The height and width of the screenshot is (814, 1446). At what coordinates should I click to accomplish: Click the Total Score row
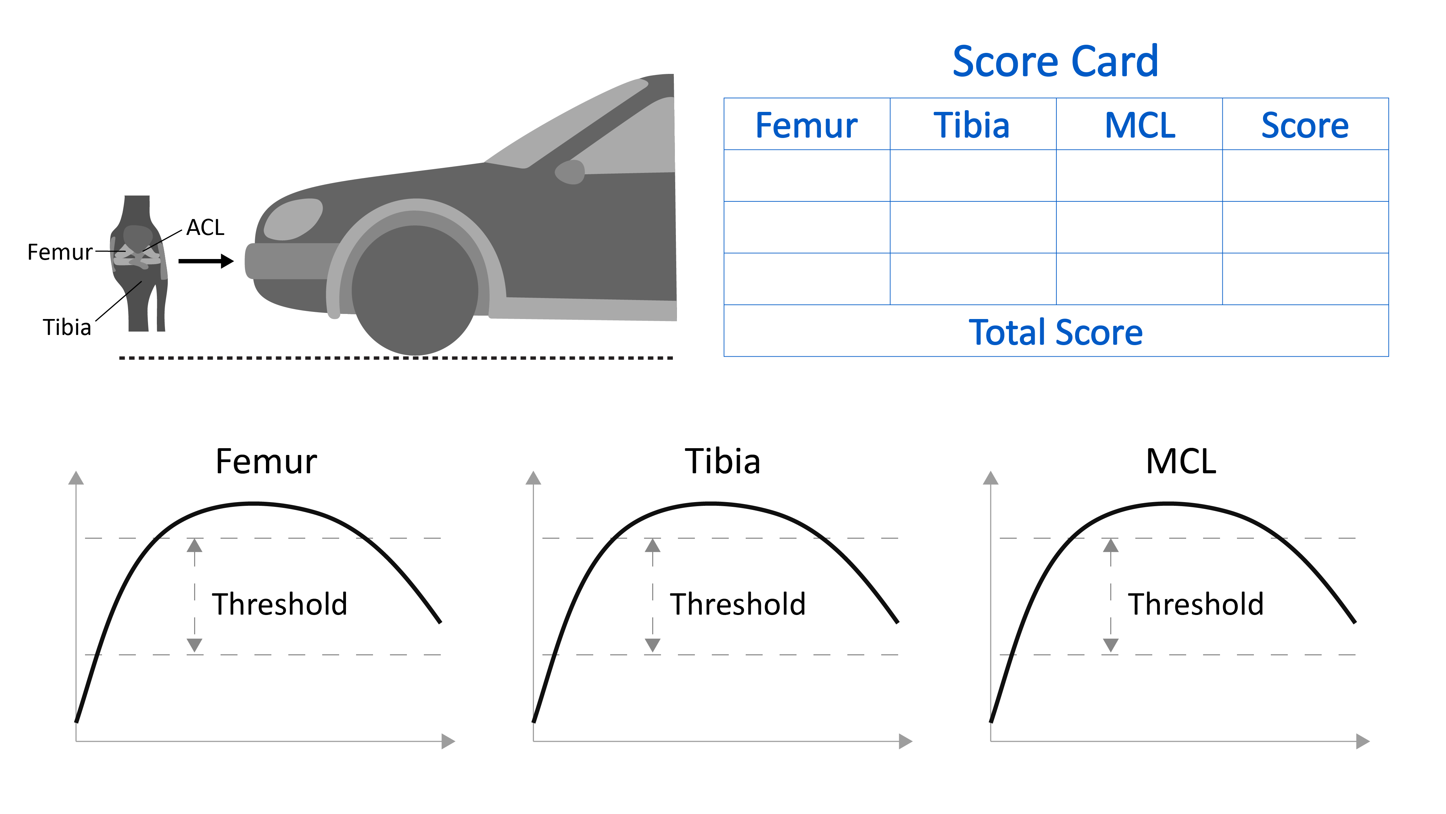[1055, 332]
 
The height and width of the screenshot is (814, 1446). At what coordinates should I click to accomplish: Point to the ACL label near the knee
[205, 227]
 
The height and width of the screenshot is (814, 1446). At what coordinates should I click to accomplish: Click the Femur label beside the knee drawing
[60, 252]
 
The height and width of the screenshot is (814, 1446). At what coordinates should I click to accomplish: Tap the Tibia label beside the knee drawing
[67, 327]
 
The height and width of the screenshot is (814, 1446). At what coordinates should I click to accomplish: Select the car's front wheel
[415, 291]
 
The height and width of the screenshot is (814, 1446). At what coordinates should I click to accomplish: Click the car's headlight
[293, 219]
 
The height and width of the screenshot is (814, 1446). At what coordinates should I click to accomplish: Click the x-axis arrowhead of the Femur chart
[448, 741]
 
